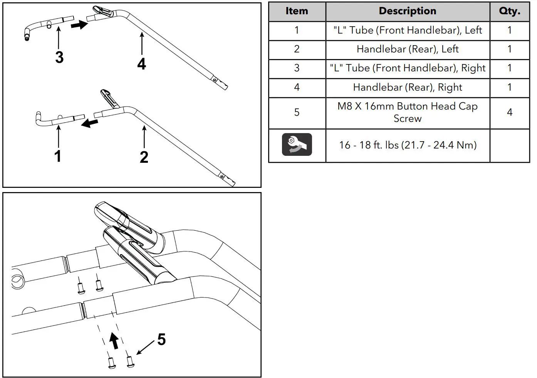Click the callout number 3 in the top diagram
[59, 57]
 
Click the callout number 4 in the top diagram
[142, 64]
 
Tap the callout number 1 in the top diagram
[58, 156]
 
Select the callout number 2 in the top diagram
[144, 157]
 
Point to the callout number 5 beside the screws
[161, 339]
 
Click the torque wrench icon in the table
[297, 145]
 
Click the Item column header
[297, 11]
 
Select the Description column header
[408, 11]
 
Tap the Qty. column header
[509, 11]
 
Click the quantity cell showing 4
[509, 112]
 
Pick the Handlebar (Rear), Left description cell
[408, 49]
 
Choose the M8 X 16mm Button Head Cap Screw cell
[408, 112]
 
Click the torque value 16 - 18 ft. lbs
[408, 145]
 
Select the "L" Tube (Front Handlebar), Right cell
[408, 68]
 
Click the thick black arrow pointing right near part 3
[79, 25]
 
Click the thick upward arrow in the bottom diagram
[114, 341]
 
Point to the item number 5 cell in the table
[297, 112]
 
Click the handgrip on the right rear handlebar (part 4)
[102, 11]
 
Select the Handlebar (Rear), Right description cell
[408, 88]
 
